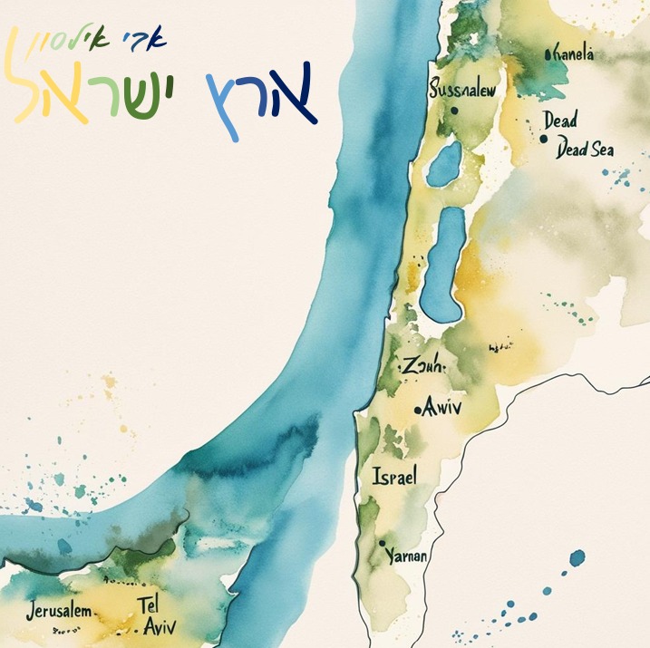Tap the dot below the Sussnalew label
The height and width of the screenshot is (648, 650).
point(454,111)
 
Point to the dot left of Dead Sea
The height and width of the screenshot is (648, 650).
point(543,140)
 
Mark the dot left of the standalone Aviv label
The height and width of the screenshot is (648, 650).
point(417,411)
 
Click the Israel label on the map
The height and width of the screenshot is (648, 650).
point(394,476)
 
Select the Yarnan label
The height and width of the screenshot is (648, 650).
point(407,556)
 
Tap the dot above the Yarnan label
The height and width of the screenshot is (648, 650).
point(383,542)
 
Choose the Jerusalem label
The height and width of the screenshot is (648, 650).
point(59,610)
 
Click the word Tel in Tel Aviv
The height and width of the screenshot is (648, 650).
point(150,604)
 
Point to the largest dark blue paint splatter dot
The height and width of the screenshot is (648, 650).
point(577,556)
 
